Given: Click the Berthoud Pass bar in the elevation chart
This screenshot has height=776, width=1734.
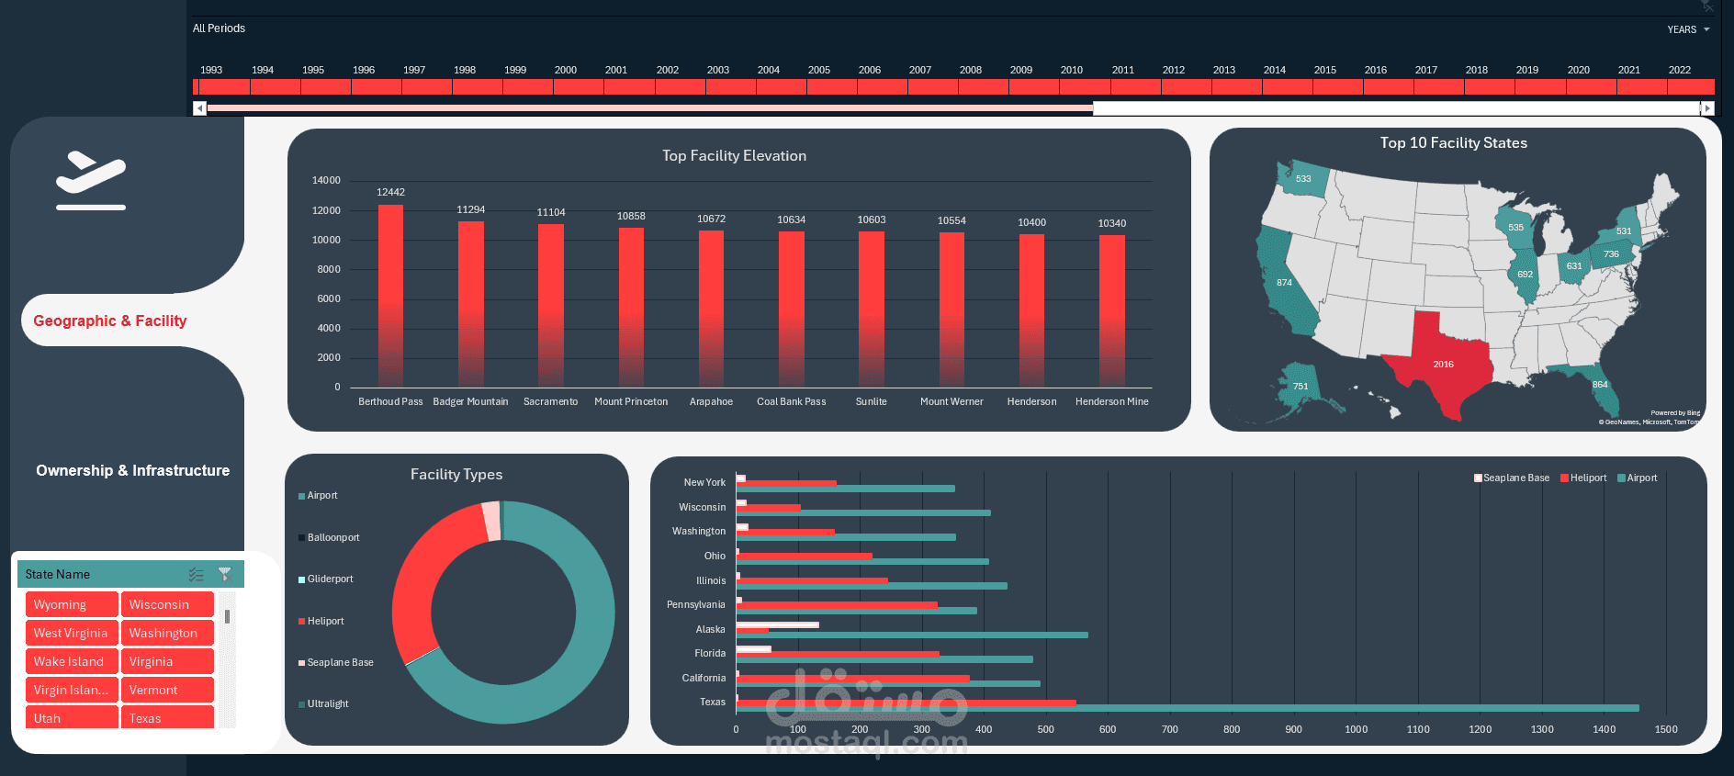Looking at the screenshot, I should point(390,294).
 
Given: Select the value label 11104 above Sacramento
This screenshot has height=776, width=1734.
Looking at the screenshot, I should point(551,212).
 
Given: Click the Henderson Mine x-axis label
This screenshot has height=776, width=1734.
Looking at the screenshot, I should point(1111,401).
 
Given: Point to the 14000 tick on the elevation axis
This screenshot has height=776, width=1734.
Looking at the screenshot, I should point(326,180).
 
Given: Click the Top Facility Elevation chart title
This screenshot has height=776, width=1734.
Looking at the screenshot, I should point(734,156).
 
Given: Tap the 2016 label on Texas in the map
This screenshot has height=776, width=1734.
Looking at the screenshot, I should point(1443,365).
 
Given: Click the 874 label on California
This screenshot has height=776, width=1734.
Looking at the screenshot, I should point(1284,283).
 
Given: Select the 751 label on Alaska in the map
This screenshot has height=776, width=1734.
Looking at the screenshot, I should point(1300,387).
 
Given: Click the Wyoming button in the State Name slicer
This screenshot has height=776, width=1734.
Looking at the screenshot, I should point(72,604).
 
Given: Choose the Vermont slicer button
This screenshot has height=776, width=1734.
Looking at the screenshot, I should point(167,690).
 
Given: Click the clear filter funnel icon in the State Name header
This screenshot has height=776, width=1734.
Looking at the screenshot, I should point(225,574).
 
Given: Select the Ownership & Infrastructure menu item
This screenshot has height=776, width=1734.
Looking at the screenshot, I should point(133,470).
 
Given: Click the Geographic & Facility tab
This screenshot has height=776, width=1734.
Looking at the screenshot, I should point(110,321).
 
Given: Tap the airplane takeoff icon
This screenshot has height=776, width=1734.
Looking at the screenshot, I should point(90,179).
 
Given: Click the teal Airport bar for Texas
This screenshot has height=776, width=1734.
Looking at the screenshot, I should point(1185,708).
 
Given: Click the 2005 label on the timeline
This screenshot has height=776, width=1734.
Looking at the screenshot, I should point(819,70).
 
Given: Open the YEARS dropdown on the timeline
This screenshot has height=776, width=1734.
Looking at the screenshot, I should point(1688,29).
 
